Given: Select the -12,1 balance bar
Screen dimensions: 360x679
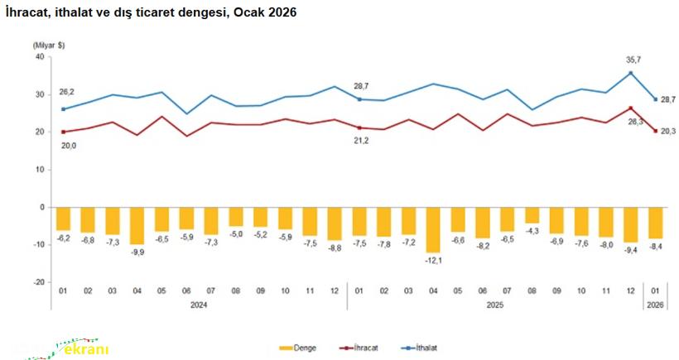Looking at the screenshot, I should (x=433, y=229).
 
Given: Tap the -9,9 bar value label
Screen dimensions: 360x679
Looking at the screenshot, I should (x=137, y=252).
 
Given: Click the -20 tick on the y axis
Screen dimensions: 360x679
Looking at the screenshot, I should (x=37, y=281).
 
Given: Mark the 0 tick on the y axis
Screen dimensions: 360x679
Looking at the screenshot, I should (x=41, y=207).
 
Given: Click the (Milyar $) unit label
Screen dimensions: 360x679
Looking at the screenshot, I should (x=49, y=43).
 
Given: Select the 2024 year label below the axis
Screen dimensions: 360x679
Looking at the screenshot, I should (x=199, y=305).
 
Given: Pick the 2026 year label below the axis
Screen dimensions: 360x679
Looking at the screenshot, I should (x=655, y=305).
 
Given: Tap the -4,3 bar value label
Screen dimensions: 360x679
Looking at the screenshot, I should (x=532, y=231).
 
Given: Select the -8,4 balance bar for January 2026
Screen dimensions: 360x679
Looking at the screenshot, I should (x=655, y=223).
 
